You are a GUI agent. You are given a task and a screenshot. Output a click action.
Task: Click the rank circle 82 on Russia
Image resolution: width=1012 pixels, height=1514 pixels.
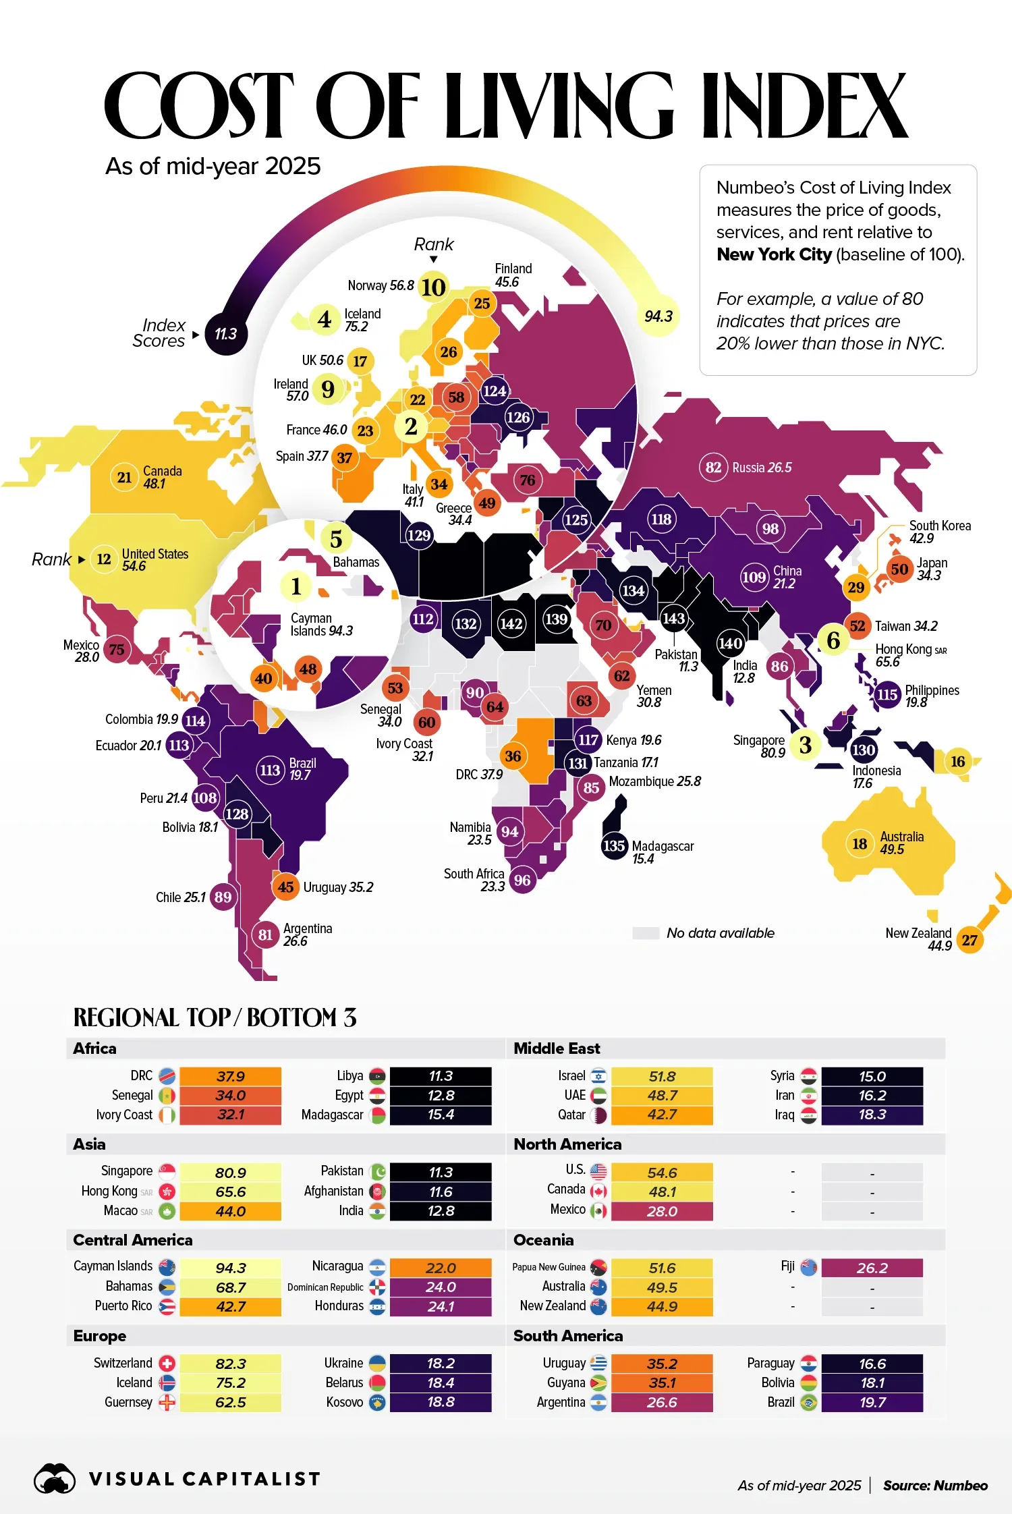[x=713, y=468]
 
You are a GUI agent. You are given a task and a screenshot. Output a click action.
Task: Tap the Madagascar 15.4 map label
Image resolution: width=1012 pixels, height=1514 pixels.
[x=662, y=852]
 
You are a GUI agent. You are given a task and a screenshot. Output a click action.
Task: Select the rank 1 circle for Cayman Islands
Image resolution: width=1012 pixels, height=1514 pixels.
[x=296, y=586]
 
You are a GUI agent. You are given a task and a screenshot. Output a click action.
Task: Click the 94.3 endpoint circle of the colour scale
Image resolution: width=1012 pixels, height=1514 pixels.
[x=658, y=316]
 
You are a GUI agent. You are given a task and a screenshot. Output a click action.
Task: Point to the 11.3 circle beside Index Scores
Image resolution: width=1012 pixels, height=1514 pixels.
[x=225, y=334]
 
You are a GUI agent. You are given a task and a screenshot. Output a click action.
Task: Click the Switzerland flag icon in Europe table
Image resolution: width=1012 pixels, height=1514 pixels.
[x=167, y=1363]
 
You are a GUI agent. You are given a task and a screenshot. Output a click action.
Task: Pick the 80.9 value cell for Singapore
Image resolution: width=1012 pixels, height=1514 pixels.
[x=230, y=1173]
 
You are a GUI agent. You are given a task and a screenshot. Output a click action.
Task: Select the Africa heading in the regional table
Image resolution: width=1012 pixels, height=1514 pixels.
[x=94, y=1048]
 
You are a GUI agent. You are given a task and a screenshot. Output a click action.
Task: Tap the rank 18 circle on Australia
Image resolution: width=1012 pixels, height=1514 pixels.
[x=860, y=843]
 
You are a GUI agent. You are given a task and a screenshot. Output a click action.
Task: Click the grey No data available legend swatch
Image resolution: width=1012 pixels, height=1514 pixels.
[x=645, y=933]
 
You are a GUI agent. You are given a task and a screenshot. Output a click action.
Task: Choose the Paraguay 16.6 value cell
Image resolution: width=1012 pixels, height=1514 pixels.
[x=872, y=1364]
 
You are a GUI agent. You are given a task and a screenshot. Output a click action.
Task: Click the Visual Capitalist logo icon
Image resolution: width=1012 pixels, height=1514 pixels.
[x=55, y=1478]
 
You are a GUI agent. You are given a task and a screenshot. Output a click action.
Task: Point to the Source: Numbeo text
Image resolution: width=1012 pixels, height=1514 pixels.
[x=935, y=1485]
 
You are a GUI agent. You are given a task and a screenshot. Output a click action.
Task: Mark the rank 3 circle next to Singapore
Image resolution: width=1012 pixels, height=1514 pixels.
[x=805, y=745]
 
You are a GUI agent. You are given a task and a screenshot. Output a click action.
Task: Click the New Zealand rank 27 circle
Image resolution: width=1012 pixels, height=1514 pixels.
[x=969, y=940]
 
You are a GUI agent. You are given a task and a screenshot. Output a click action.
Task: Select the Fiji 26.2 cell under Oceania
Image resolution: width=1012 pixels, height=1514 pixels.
[x=872, y=1268]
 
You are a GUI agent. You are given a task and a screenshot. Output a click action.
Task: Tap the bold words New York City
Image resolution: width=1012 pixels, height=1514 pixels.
[x=774, y=254]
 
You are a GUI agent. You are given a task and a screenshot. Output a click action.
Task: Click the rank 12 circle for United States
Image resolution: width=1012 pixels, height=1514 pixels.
[x=104, y=559]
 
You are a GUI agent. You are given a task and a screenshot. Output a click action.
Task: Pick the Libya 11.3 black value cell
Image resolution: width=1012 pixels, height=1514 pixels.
[x=441, y=1076]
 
